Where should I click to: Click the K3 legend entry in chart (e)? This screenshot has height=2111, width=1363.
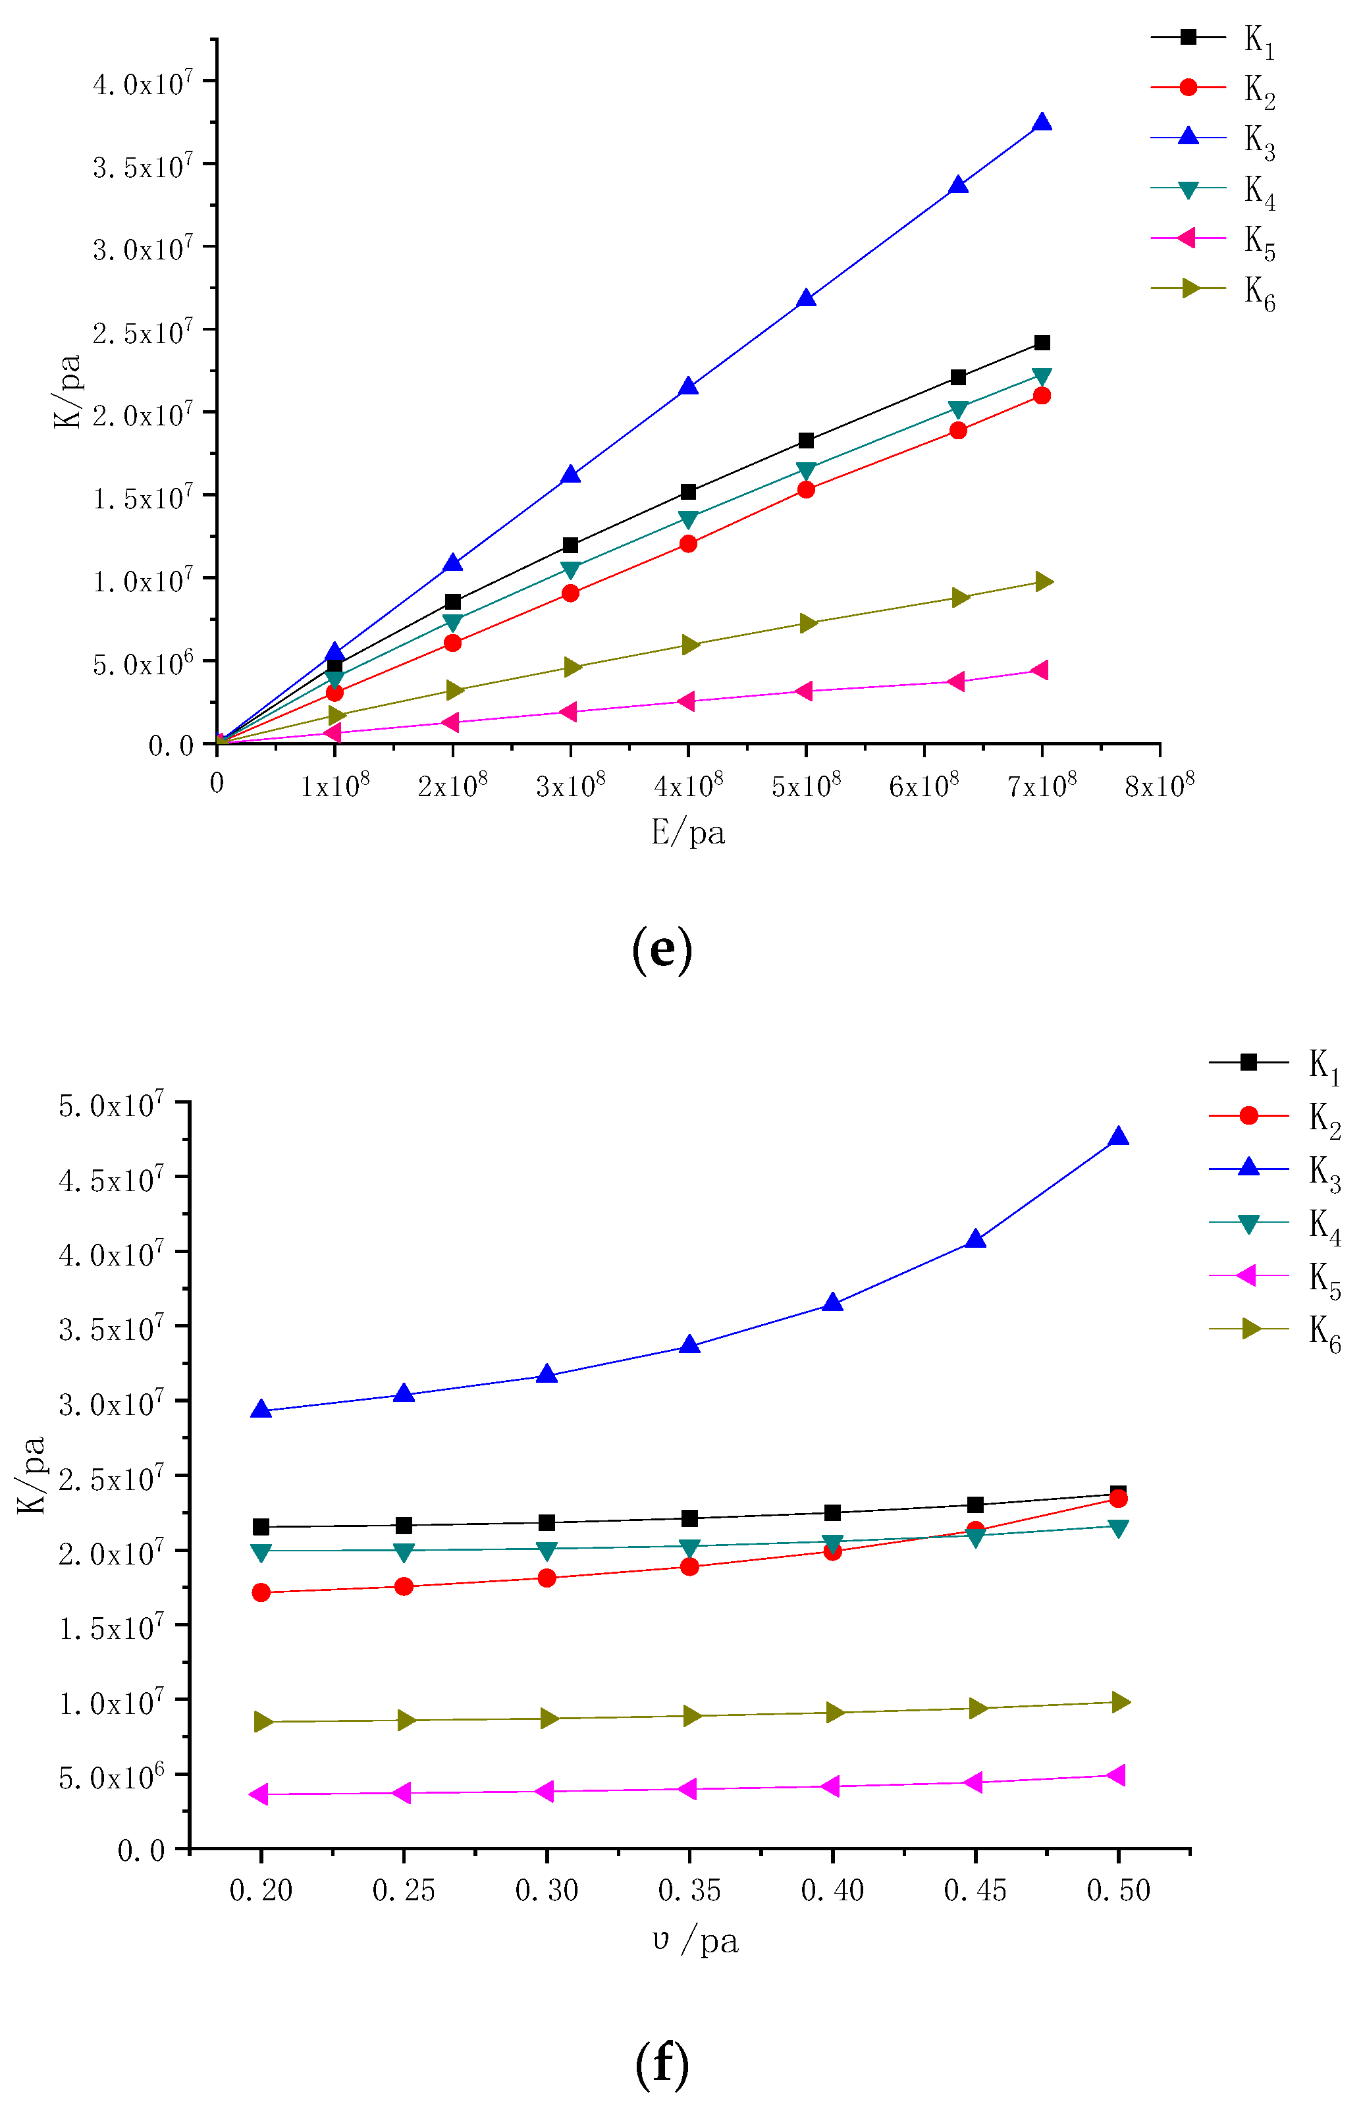coord(1212,138)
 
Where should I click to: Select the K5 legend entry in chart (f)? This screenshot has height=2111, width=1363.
coord(1275,1275)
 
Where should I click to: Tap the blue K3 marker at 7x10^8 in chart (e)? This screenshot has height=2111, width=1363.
coord(1042,123)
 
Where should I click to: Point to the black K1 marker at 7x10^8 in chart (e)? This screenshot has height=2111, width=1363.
coord(1042,342)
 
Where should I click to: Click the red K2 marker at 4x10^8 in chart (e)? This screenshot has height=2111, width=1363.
coord(687,543)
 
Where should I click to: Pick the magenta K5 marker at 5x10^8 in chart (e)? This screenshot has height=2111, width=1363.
coord(805,691)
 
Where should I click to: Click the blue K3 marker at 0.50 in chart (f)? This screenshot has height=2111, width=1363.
coord(1118,1137)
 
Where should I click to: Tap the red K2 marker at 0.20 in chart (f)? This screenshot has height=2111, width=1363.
coord(261,1592)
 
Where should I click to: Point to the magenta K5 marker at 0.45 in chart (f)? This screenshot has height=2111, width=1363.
coord(974,1782)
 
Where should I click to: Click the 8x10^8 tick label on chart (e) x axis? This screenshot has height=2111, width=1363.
coord(1159,785)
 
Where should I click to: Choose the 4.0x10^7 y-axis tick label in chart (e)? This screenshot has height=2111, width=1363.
coord(142,85)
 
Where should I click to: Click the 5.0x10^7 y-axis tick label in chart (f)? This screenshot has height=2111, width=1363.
coord(111,1106)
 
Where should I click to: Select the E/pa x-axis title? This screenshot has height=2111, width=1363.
coord(687,833)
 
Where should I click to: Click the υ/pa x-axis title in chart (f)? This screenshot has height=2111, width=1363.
coord(695,1941)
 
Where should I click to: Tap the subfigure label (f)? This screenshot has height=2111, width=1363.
coord(662,2064)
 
